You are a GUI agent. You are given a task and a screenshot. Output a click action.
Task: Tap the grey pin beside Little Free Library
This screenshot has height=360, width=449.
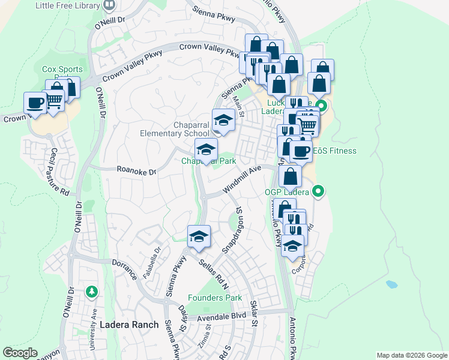[x=109, y=5]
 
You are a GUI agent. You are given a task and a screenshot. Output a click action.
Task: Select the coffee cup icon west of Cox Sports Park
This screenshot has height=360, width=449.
[x=35, y=103]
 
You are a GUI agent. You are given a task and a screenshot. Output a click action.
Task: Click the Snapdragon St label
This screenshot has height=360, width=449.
[x=234, y=229]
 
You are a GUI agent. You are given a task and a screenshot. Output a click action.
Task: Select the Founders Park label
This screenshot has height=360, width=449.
[x=214, y=298]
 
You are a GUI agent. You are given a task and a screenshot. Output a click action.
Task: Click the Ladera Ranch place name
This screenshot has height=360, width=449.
[x=129, y=325]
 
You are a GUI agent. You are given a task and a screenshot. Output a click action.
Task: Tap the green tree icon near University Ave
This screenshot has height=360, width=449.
[x=91, y=292]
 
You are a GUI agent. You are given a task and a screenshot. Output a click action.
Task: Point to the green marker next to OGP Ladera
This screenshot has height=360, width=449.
[x=319, y=192]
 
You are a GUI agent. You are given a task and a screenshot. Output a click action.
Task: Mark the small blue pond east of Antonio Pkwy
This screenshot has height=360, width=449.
[x=391, y=284]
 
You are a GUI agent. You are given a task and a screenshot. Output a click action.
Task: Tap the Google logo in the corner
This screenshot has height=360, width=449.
[x=20, y=353]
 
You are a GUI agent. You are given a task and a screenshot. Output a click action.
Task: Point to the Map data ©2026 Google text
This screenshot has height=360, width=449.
[x=411, y=355]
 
